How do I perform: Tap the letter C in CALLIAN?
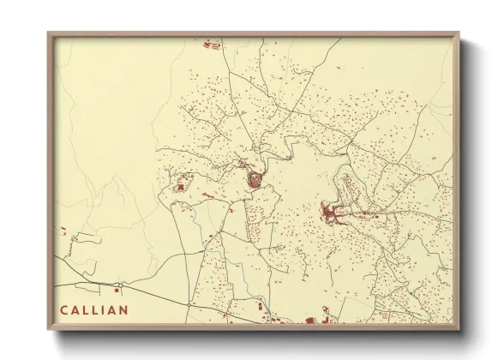tap(65, 308)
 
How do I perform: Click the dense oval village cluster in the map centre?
tap(255, 180)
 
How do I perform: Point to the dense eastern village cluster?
tap(331, 212)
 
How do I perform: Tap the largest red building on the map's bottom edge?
tap(313, 321)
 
